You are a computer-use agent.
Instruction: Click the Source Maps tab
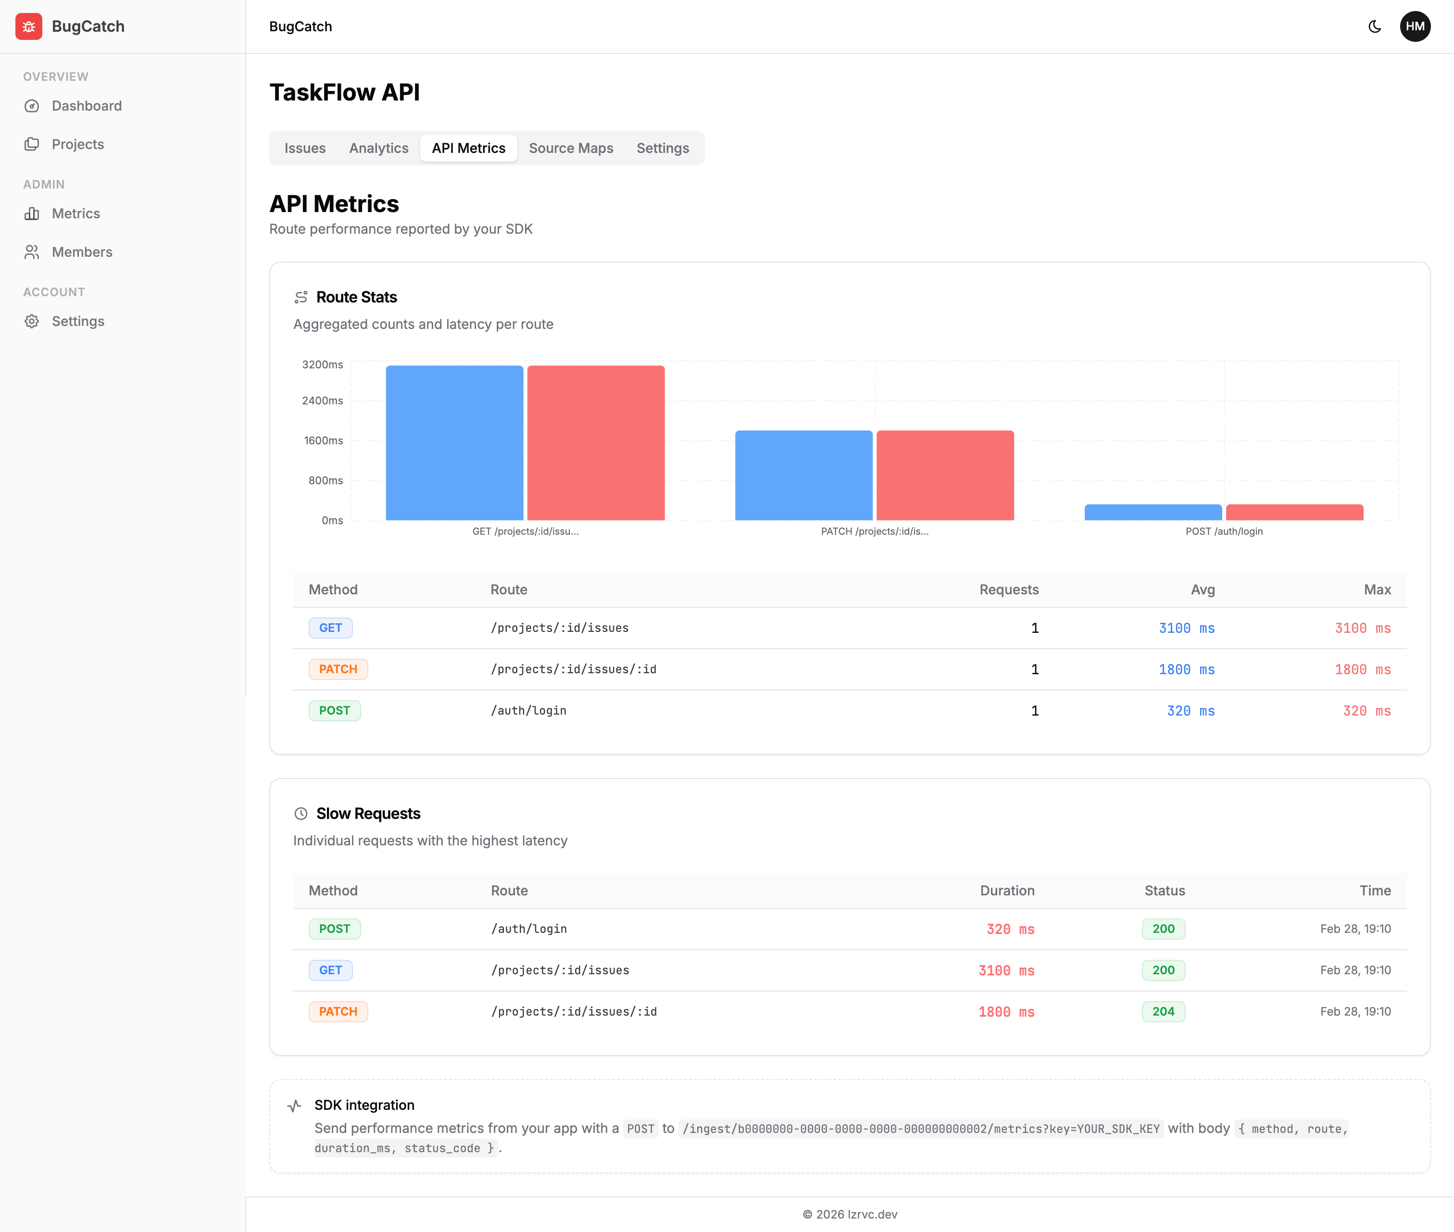click(x=571, y=148)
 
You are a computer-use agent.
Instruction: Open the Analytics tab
click(x=378, y=148)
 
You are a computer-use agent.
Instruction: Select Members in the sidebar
click(x=82, y=252)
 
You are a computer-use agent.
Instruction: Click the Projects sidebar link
click(x=77, y=144)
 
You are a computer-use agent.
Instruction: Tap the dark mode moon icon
click(x=1374, y=26)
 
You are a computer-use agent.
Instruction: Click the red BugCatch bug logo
click(x=29, y=26)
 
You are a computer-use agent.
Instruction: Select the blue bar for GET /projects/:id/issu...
click(x=454, y=443)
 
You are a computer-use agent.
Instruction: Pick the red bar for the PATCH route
click(x=945, y=475)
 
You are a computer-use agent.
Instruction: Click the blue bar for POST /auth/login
click(x=1153, y=512)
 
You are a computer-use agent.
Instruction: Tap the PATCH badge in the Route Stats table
click(x=338, y=669)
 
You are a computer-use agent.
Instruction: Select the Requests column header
click(x=1008, y=590)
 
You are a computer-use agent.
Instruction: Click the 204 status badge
click(x=1163, y=1011)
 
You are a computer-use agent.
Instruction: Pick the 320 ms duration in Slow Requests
click(x=1010, y=929)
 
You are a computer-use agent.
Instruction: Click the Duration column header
click(x=1006, y=891)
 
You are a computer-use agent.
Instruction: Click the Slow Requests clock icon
click(x=301, y=814)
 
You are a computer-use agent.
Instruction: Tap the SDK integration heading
click(x=364, y=1105)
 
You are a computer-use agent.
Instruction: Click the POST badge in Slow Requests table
click(x=335, y=929)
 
